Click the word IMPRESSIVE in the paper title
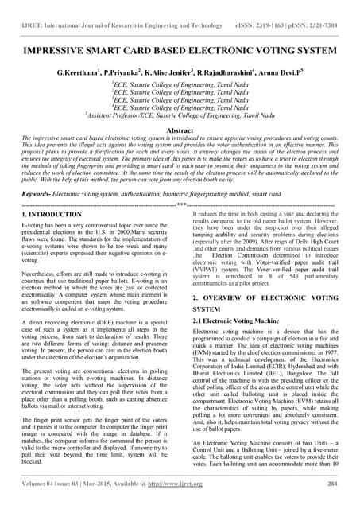point(59,46)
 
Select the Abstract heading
point(179,128)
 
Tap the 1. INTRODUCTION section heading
point(48,214)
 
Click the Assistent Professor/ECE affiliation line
point(179,115)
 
